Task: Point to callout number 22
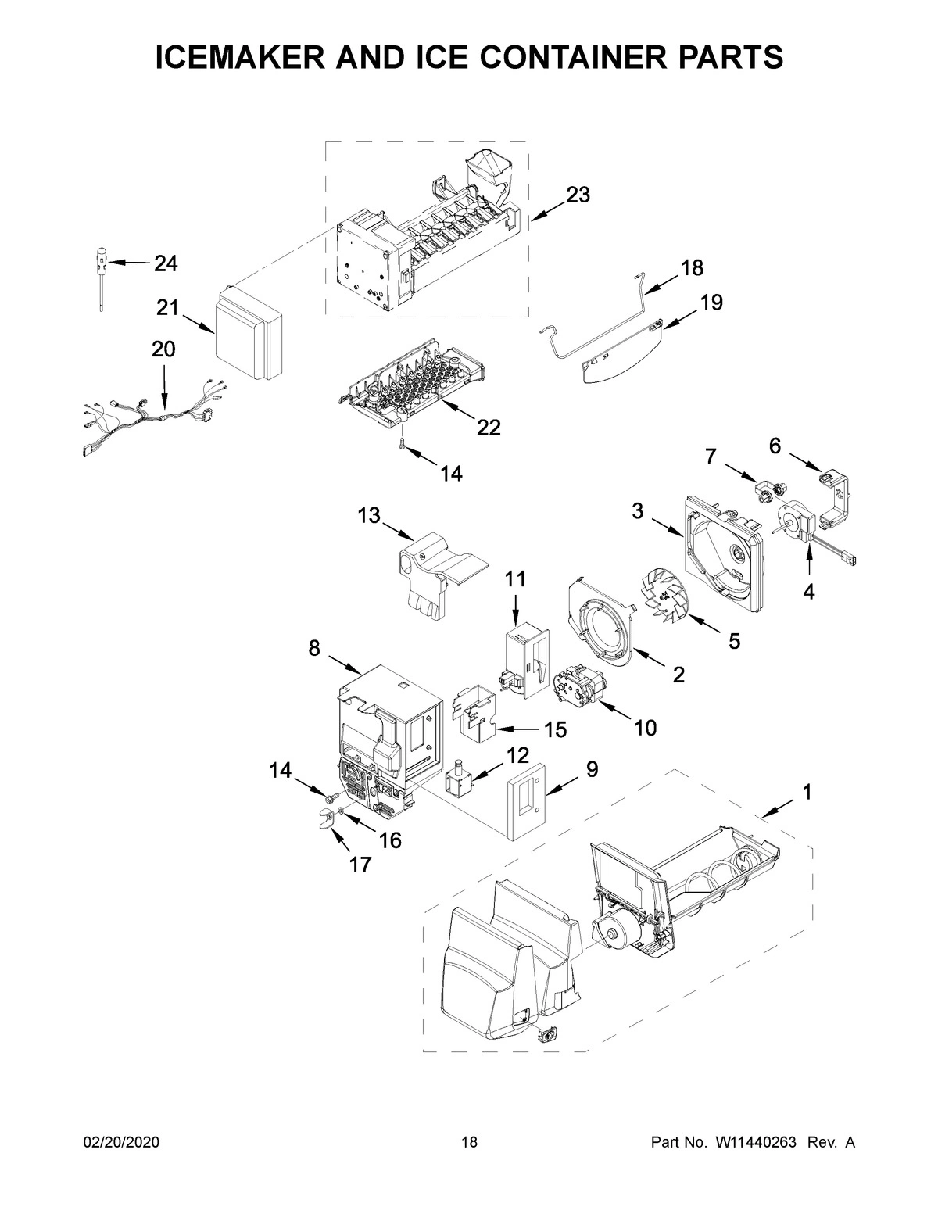[x=489, y=428]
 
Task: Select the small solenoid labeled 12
[x=457, y=782]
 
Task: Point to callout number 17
[x=361, y=864]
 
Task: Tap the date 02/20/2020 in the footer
[x=121, y=1143]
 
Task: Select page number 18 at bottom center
[x=469, y=1143]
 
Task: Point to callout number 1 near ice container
[x=806, y=792]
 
